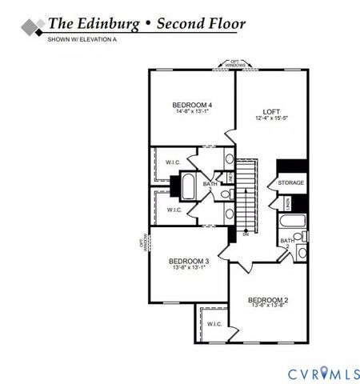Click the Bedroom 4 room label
point(192,105)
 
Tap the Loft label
point(271,111)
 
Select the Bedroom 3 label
point(189,261)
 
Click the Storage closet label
point(291,183)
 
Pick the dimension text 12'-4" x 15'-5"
point(271,118)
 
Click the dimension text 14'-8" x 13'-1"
point(192,112)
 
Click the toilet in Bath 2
point(298,236)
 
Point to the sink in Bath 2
point(301,253)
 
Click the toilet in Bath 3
point(226,193)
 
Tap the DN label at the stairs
point(246,234)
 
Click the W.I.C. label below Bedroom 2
point(214,324)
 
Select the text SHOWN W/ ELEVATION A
point(81,38)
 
